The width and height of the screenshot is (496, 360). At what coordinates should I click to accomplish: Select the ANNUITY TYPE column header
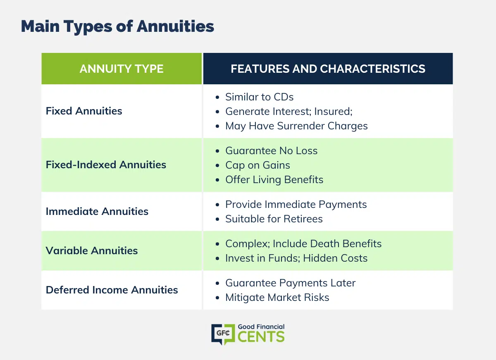(x=122, y=69)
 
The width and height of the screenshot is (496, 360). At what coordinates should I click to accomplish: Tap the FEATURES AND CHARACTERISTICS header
(x=328, y=69)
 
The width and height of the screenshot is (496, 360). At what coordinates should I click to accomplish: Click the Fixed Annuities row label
(x=84, y=111)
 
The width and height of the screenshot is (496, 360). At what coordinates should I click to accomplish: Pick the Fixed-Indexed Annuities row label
(x=106, y=165)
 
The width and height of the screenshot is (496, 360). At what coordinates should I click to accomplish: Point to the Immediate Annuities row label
(x=97, y=212)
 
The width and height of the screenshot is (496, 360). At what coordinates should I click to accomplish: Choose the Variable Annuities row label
(x=92, y=250)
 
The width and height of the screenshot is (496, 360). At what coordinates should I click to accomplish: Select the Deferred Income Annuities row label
(x=112, y=290)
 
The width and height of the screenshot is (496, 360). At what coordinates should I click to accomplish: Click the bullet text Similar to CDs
(x=259, y=97)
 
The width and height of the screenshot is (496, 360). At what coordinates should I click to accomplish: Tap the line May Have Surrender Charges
(x=296, y=126)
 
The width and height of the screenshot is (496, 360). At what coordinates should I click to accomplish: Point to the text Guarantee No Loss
(x=272, y=151)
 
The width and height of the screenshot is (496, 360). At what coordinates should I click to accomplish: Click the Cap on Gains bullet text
(x=258, y=165)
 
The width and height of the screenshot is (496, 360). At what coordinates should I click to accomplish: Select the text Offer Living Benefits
(x=274, y=180)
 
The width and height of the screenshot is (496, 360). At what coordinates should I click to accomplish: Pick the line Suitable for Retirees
(x=274, y=219)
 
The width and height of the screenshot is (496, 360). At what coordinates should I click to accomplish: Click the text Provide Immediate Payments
(x=296, y=205)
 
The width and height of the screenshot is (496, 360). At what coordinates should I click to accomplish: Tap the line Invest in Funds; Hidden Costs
(x=296, y=258)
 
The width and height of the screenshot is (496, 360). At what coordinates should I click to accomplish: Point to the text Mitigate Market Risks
(x=277, y=298)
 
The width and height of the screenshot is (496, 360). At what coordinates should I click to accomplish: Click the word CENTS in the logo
(x=261, y=337)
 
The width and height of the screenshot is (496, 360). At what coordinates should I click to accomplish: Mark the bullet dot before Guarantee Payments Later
(x=217, y=284)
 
